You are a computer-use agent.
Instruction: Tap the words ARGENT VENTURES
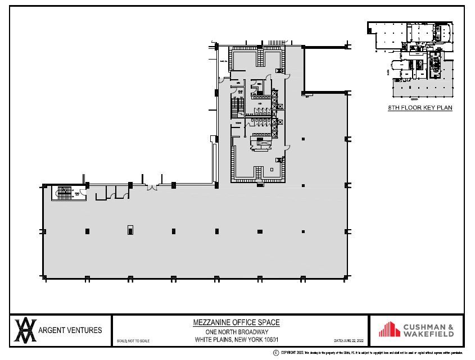[70, 330]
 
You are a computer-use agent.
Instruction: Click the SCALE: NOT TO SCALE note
[133, 341]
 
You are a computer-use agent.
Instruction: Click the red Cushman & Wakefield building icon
[390, 330]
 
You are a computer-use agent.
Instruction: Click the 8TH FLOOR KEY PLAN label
[419, 108]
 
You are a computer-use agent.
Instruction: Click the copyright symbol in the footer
[275, 352]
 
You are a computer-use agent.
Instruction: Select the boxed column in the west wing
[130, 229]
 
